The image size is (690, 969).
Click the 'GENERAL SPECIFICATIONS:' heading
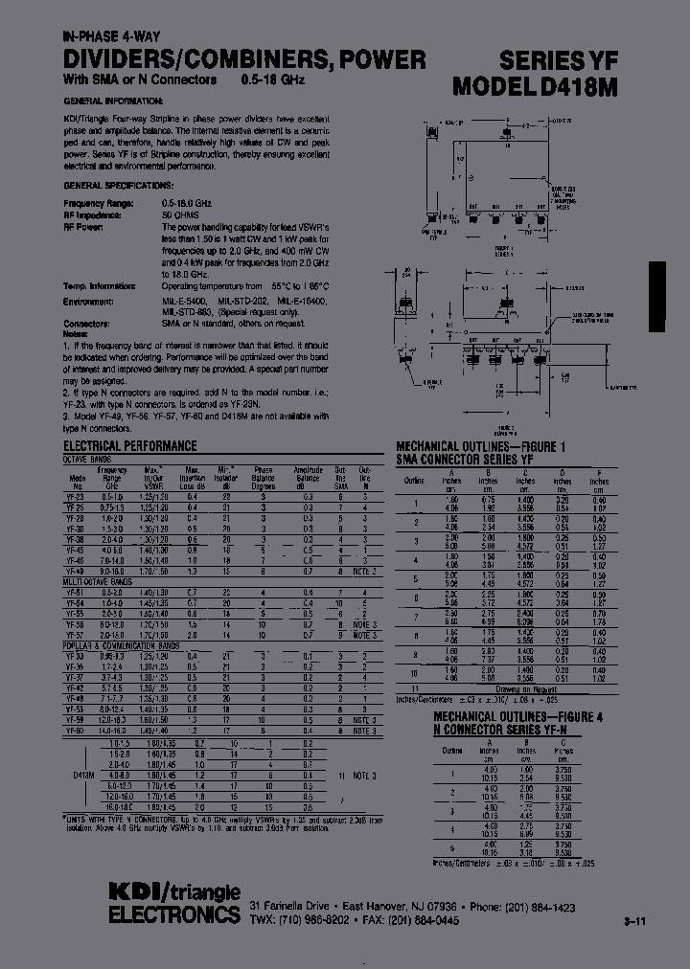118,184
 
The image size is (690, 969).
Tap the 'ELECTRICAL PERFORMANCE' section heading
129,446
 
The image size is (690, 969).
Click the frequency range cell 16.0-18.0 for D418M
120,806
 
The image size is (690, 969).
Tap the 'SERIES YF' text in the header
583,59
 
